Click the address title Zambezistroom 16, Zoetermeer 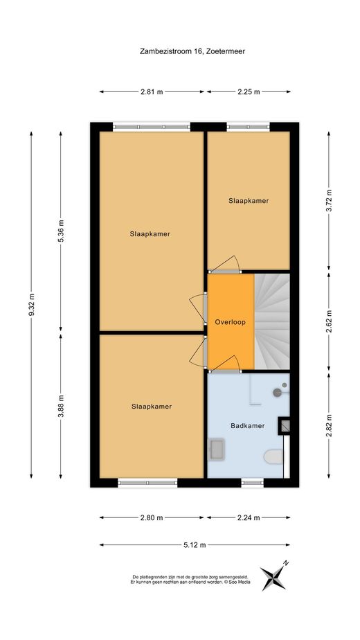click(x=192, y=51)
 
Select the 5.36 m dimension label click(x=61, y=231)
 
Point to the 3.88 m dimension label click(x=61, y=406)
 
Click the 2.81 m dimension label click(x=152, y=92)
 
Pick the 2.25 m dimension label click(x=249, y=92)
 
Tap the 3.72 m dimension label click(x=329, y=201)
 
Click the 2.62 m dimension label click(x=329, y=322)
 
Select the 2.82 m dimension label click(x=329, y=426)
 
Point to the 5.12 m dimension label click(x=195, y=545)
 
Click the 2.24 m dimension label click(x=249, y=518)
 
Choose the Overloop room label click(x=231, y=322)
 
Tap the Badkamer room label click(x=247, y=426)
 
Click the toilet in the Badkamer click(x=273, y=456)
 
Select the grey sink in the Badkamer click(x=216, y=450)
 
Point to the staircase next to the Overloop click(x=272, y=321)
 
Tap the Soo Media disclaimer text click(x=191, y=580)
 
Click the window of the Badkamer click(x=252, y=483)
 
